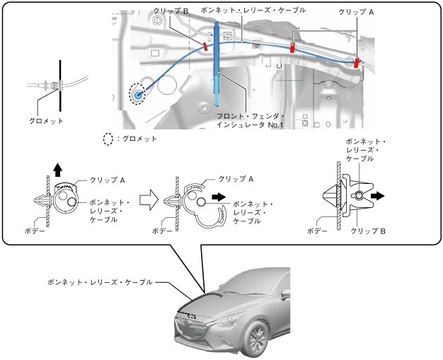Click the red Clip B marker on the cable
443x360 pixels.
(205, 47)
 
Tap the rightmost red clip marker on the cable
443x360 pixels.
(357, 62)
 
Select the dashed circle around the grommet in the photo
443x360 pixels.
(136, 93)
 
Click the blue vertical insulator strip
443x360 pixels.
(216, 64)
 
